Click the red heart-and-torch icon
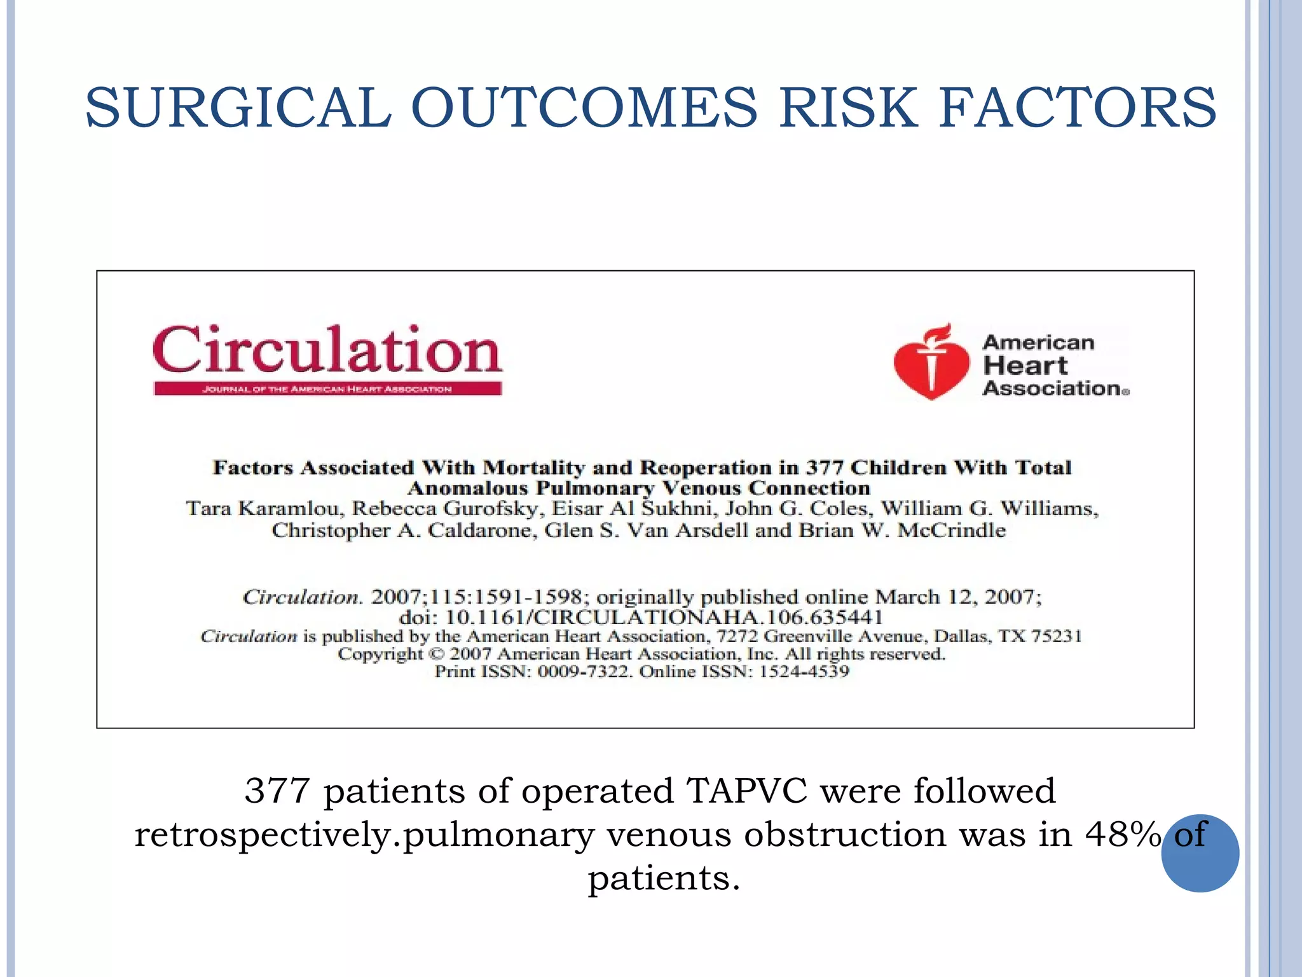[931, 362]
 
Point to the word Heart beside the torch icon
[1025, 366]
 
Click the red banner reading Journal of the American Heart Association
[327, 389]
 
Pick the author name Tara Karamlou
[264, 509]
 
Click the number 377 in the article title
[825, 468]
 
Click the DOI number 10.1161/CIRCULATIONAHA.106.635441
[664, 617]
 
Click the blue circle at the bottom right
[1200, 853]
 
